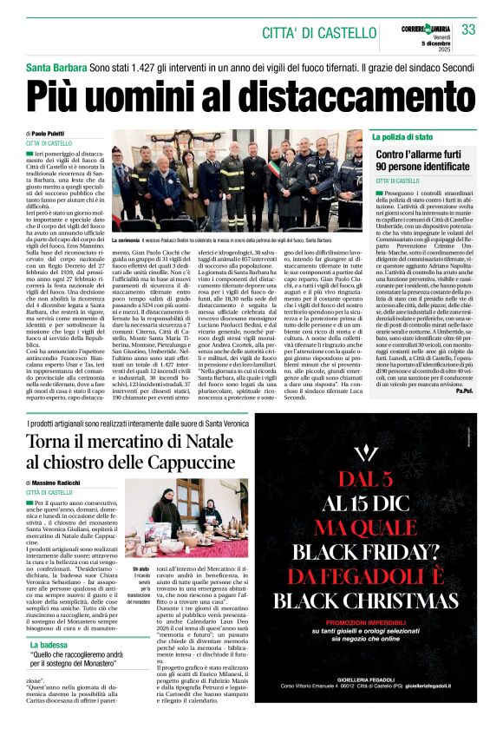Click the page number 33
click(x=469, y=30)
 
